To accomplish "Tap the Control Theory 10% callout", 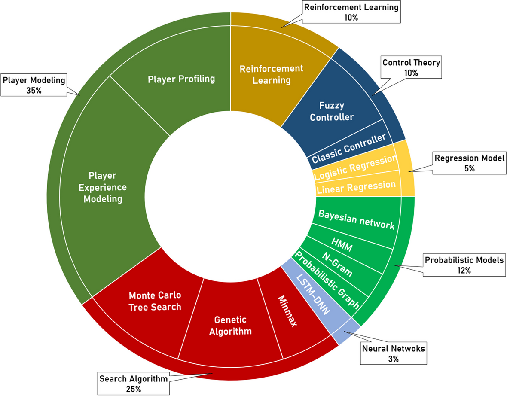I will click(411, 67).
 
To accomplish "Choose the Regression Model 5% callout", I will click(469, 163).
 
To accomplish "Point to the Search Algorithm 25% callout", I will click(133, 384).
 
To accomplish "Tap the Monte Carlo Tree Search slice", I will click(155, 301).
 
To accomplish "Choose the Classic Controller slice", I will click(349, 149).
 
